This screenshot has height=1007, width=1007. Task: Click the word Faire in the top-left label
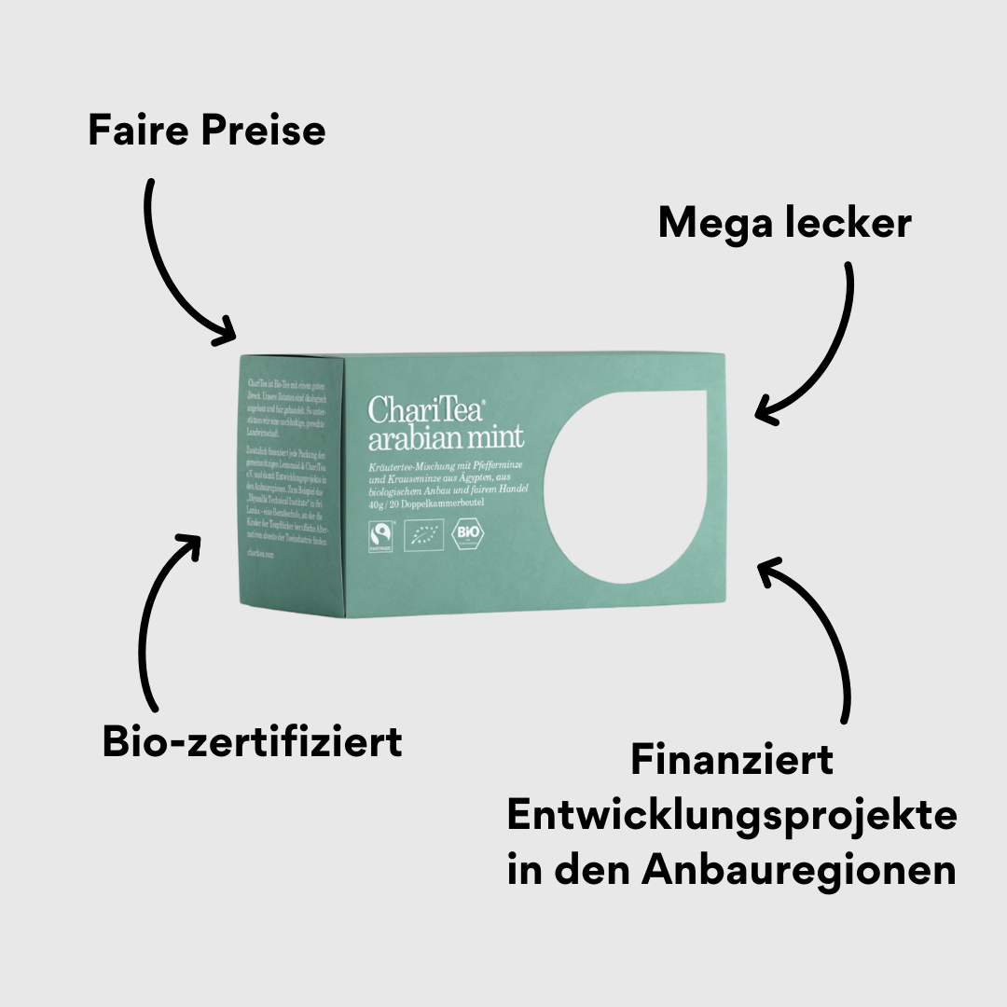[137, 131]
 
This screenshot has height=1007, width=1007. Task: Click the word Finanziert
[732, 760]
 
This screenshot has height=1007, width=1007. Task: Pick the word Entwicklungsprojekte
[732, 816]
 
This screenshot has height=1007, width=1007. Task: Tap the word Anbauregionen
[798, 870]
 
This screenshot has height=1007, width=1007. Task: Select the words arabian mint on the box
[446, 438]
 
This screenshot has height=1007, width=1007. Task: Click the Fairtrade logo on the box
[379, 535]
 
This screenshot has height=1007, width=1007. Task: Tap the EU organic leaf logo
[425, 535]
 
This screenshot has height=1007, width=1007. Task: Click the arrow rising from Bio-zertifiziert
[154, 615]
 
